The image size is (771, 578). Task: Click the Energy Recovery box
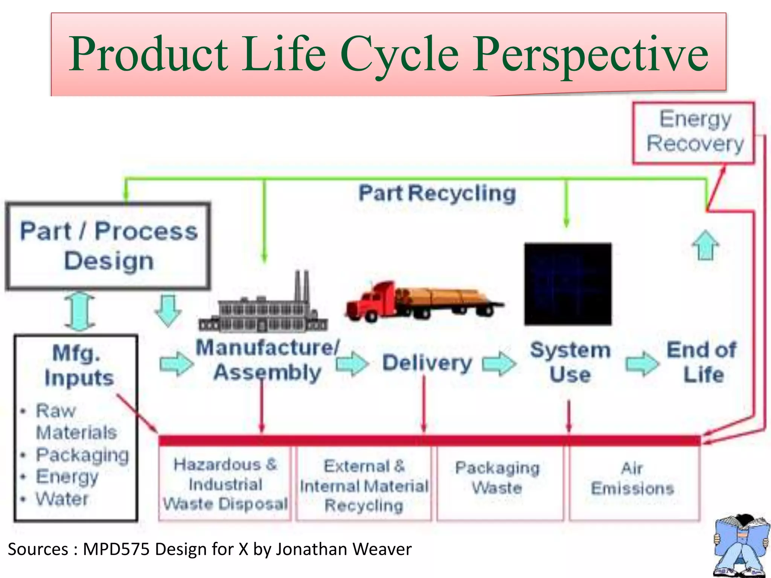pyautogui.click(x=693, y=132)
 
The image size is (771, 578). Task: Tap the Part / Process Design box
pyautogui.click(x=108, y=246)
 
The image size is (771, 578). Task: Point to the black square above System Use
pyautogui.click(x=568, y=284)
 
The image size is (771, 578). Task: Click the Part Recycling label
pyautogui.click(x=437, y=193)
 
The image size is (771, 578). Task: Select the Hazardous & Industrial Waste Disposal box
pyautogui.click(x=225, y=484)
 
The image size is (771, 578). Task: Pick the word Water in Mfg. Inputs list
pyautogui.click(x=62, y=499)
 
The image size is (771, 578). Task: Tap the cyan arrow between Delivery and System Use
pyautogui.click(x=499, y=364)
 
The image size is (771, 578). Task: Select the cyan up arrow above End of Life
pyautogui.click(x=705, y=245)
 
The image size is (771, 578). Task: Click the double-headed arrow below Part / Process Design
pyautogui.click(x=80, y=312)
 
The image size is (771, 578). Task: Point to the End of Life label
pyautogui.click(x=702, y=362)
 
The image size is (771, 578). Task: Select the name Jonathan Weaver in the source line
pyautogui.click(x=344, y=549)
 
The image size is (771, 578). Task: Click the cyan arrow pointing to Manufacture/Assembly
pyautogui.click(x=176, y=364)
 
